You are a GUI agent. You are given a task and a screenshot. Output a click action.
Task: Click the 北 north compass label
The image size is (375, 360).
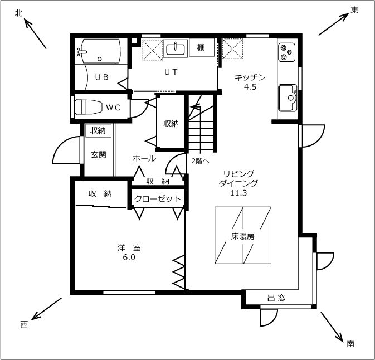click(18, 13)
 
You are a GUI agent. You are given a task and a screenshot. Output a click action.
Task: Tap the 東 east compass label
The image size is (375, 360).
click(354, 10)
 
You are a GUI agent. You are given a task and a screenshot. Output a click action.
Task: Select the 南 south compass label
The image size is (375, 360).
click(350, 344)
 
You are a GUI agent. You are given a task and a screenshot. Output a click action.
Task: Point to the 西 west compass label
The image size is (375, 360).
click(24, 324)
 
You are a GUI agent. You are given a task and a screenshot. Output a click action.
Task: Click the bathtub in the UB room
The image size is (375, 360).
click(100, 51)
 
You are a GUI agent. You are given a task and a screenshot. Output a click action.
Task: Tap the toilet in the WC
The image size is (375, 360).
click(88, 107)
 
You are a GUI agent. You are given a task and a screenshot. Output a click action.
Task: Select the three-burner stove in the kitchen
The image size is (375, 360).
click(286, 52)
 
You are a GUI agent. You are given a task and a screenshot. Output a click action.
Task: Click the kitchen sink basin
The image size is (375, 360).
click(288, 98)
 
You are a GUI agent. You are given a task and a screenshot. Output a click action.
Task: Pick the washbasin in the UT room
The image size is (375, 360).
click(175, 49)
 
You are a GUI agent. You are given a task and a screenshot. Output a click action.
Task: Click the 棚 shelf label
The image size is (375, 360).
click(201, 48)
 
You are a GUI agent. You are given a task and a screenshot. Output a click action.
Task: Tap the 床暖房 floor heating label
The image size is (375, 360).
click(243, 236)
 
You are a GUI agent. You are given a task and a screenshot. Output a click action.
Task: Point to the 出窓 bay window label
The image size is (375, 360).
click(276, 298)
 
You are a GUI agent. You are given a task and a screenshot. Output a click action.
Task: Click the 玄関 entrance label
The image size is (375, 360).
click(99, 154)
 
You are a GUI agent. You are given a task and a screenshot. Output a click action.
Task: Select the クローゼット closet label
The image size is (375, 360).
click(157, 199)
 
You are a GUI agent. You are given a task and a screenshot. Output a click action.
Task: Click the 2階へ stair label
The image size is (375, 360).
click(201, 161)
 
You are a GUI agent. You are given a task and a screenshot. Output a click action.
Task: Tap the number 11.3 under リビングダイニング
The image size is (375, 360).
click(238, 193)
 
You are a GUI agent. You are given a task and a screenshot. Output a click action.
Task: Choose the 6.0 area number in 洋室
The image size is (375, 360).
click(129, 257)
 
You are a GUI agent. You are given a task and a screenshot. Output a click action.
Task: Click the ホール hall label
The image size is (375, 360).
click(144, 158)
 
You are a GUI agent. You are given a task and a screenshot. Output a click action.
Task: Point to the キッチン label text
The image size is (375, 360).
click(250, 77)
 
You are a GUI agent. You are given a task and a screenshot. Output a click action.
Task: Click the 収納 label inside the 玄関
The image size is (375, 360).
click(98, 130)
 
